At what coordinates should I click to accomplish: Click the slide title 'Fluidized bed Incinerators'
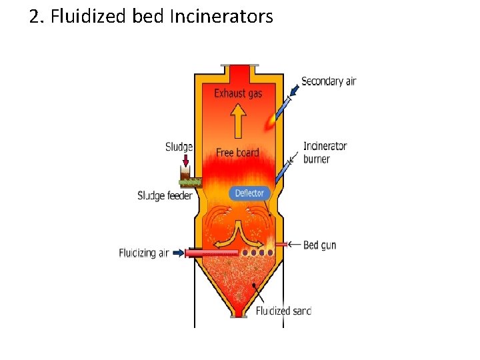pos(162,16)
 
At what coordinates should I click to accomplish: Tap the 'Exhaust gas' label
pos(238,94)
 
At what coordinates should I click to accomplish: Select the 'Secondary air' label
pos(329,81)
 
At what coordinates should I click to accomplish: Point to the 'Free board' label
pos(237,153)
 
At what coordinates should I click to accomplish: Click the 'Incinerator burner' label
pos(325,152)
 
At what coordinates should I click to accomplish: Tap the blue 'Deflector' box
pos(250,193)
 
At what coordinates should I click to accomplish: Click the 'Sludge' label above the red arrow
pos(179,147)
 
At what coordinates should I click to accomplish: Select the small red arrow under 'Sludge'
pos(185,161)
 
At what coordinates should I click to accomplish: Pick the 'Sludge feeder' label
pos(165,196)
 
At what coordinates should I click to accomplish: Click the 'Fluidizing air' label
pos(144,253)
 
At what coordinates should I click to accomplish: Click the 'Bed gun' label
pos(320,245)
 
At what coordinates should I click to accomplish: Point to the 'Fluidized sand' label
pos(283,311)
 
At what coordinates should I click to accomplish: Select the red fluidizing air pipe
pos(212,253)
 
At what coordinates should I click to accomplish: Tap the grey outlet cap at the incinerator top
pos(237,65)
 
